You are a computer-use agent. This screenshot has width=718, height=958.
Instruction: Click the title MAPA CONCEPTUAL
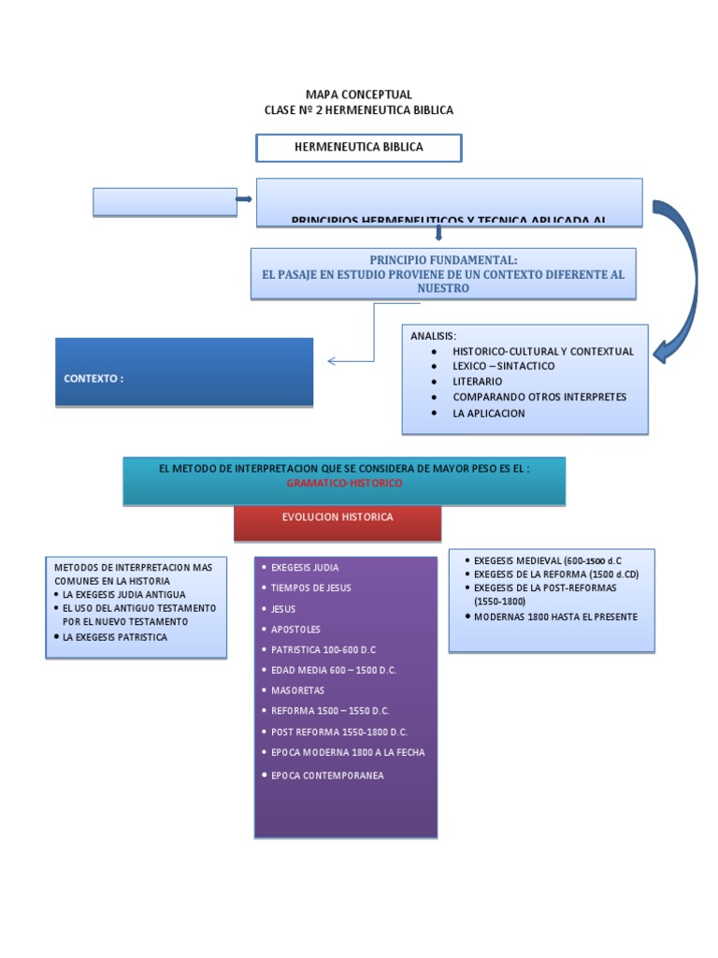pos(358,94)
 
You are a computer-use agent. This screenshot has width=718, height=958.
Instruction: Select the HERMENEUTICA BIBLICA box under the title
pos(358,147)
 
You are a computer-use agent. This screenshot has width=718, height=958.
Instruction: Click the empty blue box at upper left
pos(165,201)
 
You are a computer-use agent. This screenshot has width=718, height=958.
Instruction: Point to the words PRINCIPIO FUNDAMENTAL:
pos(443,259)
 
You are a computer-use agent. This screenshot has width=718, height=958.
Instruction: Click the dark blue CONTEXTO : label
pos(93,378)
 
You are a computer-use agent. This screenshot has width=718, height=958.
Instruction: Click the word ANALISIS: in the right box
pos(434,335)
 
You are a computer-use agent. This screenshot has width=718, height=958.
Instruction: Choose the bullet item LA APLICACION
pos(488,413)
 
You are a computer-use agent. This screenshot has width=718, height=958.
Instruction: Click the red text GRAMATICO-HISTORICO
pos(344,483)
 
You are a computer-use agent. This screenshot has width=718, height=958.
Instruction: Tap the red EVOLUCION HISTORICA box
pos(337,516)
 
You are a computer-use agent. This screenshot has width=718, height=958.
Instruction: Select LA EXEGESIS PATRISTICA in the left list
pos(115,636)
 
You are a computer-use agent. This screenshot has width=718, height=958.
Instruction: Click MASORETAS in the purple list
pos(297,690)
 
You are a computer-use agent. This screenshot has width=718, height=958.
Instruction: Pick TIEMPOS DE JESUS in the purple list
pos(310,588)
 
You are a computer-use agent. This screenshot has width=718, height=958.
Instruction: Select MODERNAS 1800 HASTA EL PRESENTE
pos(555,617)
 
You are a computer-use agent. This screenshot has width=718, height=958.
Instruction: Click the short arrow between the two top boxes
pos(244,200)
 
